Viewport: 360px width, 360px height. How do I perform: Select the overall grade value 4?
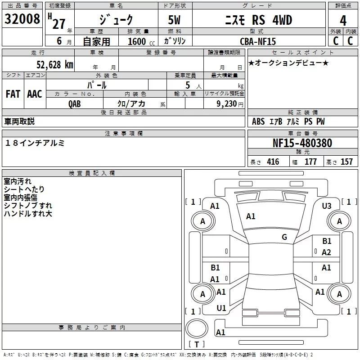pos(343,21)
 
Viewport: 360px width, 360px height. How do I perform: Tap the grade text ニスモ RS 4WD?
pos(258,20)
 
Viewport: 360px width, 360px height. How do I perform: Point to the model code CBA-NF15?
pos(258,41)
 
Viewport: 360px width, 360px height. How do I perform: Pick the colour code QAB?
pos(74,103)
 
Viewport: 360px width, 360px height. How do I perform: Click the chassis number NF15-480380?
pos(302,143)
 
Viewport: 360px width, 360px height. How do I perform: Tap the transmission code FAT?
pos(13,94)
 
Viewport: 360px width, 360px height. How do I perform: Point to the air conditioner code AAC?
pos(34,94)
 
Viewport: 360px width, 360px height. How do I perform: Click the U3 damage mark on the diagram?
pos(327,206)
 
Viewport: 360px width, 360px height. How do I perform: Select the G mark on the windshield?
pos(284,237)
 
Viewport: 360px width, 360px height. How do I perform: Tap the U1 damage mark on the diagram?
pos(221,308)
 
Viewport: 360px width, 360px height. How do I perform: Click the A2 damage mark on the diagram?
pos(326,252)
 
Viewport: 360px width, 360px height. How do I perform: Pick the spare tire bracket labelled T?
pos(197,345)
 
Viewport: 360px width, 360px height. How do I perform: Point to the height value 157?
pos(346,162)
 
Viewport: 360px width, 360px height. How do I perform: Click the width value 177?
pos(310,162)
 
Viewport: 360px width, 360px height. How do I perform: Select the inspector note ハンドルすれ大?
pos(28,214)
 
